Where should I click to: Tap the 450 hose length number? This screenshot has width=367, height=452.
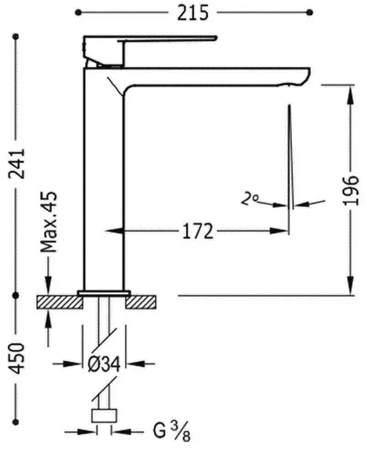pos(17,358)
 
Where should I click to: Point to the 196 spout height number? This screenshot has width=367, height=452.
pos(351,190)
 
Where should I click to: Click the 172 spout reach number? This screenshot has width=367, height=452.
pos(198,231)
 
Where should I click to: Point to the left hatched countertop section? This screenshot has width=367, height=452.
pos(60,302)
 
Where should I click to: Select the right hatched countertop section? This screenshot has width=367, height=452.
pos(143,302)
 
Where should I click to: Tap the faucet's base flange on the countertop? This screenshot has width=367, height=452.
pos(104,292)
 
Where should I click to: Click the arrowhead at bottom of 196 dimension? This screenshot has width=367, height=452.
pos(351,288)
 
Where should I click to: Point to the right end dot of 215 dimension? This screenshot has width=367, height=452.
pos(311,12)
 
